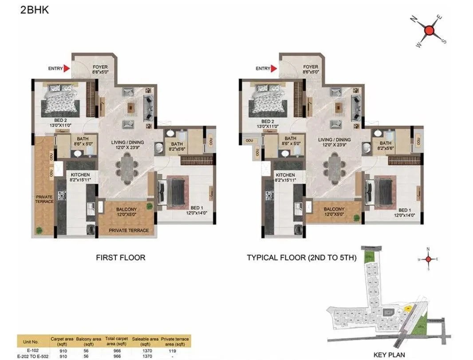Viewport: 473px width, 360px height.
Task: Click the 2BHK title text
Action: [x=34, y=10]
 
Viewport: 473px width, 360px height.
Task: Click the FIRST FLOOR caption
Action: [x=121, y=257]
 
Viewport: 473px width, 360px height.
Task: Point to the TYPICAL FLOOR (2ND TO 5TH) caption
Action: [x=302, y=257]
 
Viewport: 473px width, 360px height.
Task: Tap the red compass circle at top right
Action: [x=429, y=31]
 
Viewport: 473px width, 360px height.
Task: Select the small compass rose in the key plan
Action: [x=428, y=259]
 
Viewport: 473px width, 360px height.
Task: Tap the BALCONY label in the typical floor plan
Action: [x=334, y=210]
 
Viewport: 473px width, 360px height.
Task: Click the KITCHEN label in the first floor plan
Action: [x=80, y=175]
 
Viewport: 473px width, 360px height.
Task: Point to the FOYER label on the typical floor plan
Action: [x=311, y=67]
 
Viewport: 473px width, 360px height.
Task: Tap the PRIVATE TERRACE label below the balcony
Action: [x=129, y=230]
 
